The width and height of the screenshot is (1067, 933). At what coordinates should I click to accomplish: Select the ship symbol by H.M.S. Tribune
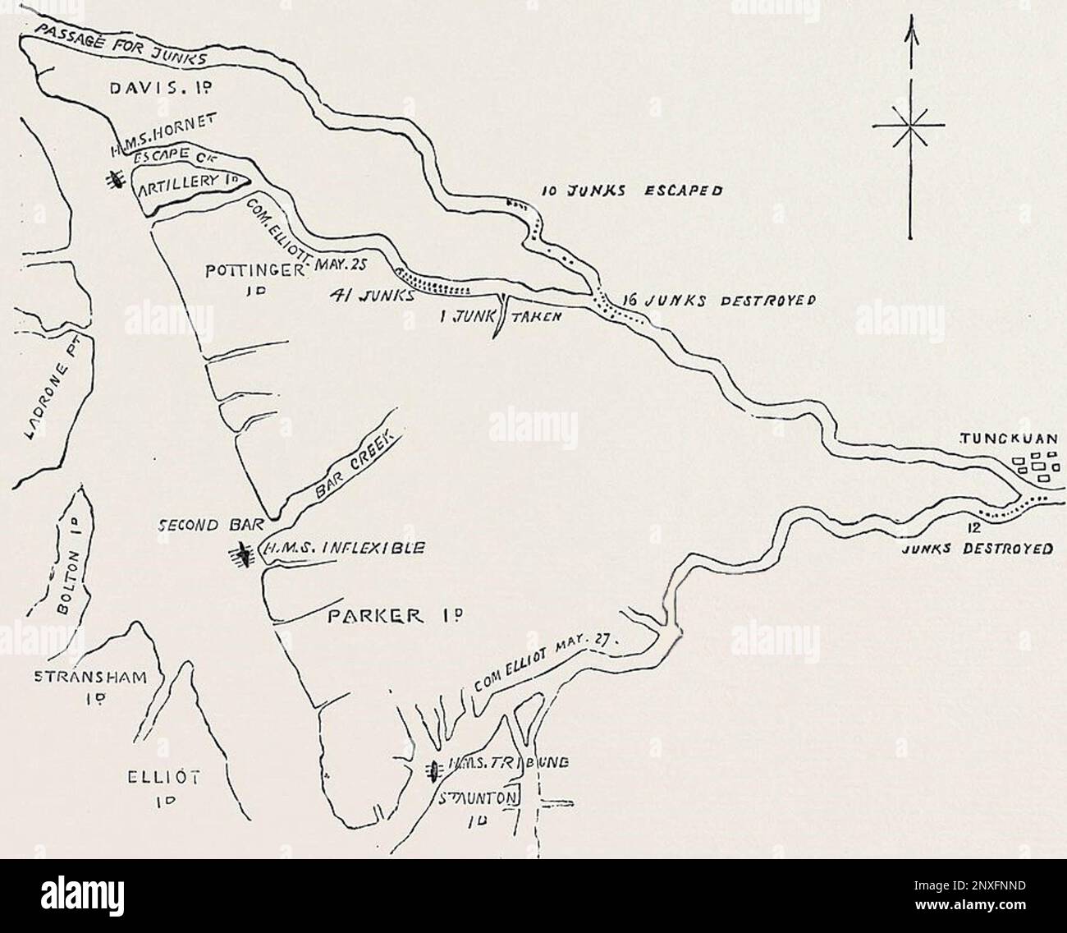click(x=432, y=770)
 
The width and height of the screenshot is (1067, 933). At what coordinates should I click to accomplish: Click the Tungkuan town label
click(x=1014, y=439)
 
